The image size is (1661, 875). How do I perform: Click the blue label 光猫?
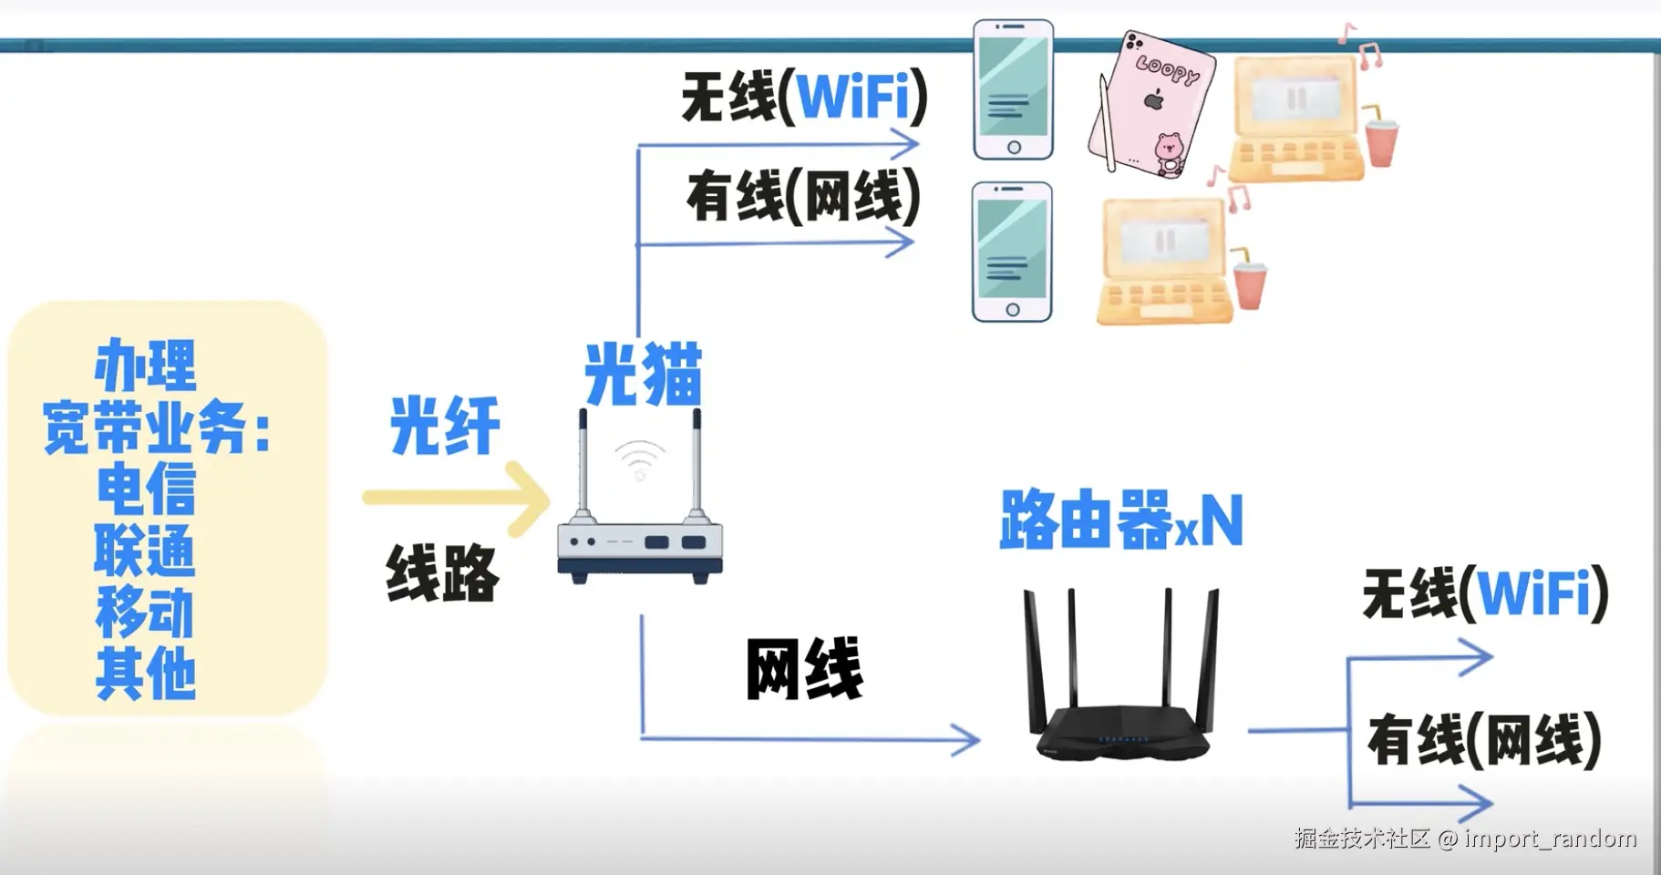point(643,375)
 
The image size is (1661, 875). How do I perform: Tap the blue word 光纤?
point(445,426)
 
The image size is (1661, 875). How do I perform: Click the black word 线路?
point(442,572)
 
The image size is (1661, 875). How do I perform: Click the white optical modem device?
point(640,543)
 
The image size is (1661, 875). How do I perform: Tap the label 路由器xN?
point(1121,520)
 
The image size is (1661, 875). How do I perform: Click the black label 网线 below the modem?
point(804,670)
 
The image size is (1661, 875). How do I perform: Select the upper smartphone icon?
point(1013,89)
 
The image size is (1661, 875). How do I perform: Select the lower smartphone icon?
point(1012,252)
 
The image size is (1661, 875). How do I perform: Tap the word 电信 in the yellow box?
point(146,489)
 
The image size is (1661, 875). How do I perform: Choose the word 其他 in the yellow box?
point(146,674)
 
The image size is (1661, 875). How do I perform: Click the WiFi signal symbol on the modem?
point(640,458)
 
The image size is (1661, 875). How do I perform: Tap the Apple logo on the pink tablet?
point(1154,98)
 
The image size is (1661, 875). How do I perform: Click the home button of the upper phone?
point(1014,148)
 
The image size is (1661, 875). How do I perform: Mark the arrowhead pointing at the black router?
point(966,739)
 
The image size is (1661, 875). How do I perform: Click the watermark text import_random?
point(1551,839)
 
